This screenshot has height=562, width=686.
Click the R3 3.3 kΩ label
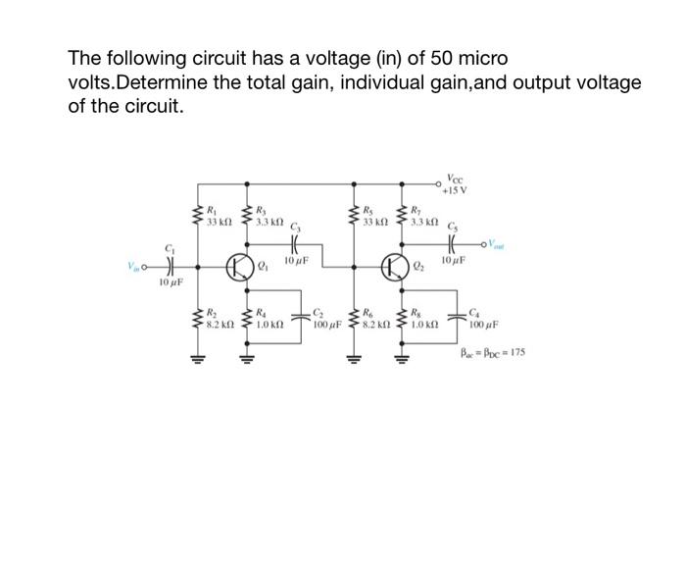pos(269,216)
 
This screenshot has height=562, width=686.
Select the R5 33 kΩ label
pos(372,216)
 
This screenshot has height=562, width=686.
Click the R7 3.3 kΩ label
pos(425,216)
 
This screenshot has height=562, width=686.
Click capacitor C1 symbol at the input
pos(170,265)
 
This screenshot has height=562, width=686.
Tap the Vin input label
pos(133,265)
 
